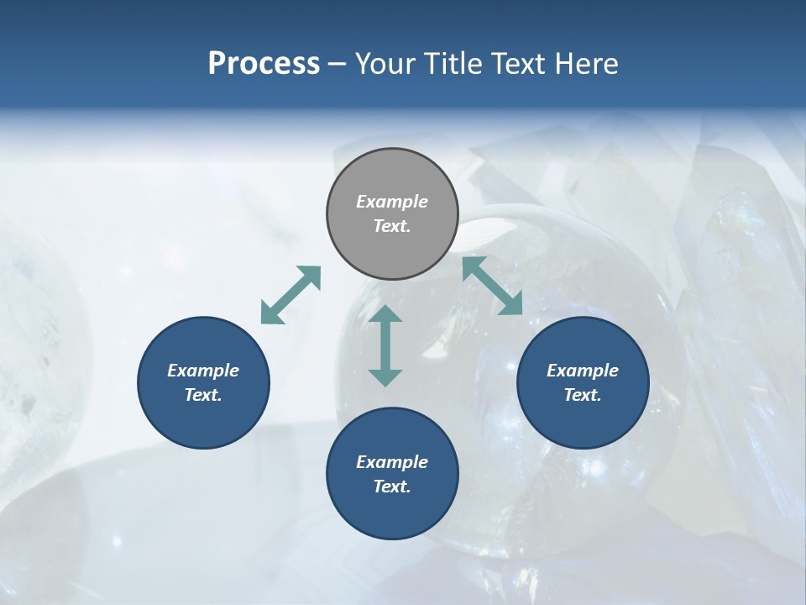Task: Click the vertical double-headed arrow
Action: pyautogui.click(x=385, y=345)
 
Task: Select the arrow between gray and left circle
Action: pyautogui.click(x=291, y=295)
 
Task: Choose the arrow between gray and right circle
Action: pyautogui.click(x=493, y=286)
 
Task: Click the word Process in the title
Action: pyautogui.click(x=264, y=64)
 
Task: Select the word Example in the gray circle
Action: pyautogui.click(x=392, y=202)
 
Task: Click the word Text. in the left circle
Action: pyautogui.click(x=203, y=395)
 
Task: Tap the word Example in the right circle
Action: pyautogui.click(x=583, y=371)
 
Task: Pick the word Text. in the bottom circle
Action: pyautogui.click(x=392, y=487)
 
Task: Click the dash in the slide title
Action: pyautogui.click(x=338, y=65)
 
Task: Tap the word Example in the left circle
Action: pyautogui.click(x=203, y=371)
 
